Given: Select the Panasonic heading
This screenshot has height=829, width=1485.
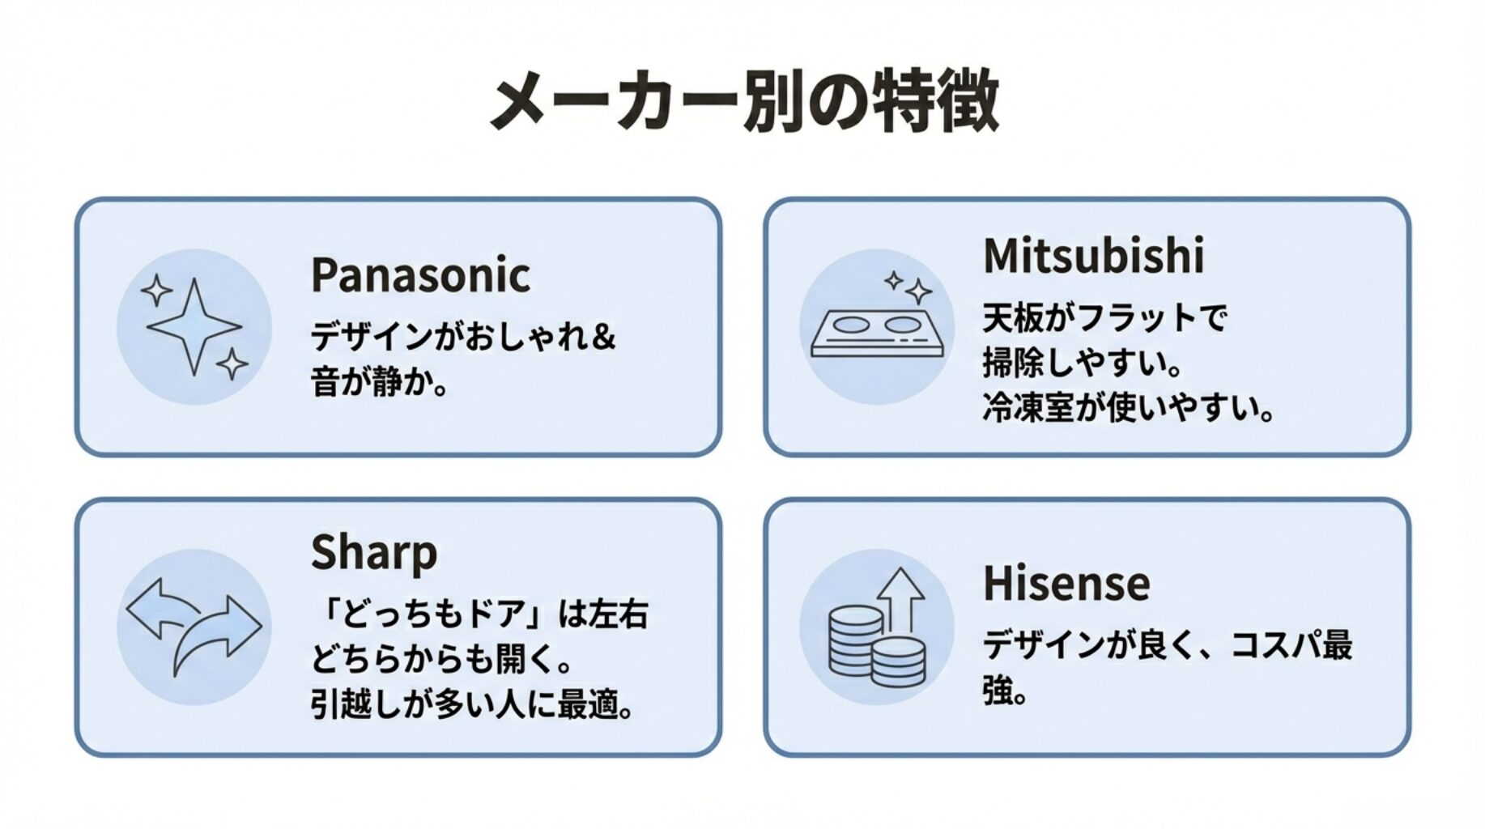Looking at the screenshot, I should coord(420,275).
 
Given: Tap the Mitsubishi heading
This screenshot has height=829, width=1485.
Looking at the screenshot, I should coord(1093,256).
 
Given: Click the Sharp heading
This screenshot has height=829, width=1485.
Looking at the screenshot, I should coord(373,553).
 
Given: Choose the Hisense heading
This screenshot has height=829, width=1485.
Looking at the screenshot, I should coord(1066,584).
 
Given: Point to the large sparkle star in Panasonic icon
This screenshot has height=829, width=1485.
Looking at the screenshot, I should coord(194,325).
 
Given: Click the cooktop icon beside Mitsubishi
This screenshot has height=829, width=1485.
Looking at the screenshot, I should coord(877,335).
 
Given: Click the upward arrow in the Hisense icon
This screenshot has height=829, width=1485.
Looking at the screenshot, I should coord(901,599).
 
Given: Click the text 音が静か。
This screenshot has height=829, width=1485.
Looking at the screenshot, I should coord(379,381).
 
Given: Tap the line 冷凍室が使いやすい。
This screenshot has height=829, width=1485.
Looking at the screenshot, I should coord(1128,408).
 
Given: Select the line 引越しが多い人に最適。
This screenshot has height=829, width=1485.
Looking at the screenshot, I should coord(472,704).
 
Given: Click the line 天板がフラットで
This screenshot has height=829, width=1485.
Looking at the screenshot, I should coord(1104,317).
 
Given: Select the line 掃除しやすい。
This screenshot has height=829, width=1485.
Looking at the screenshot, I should coord(1082,363).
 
